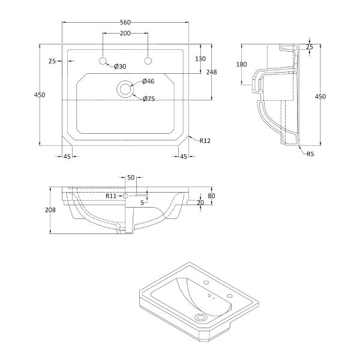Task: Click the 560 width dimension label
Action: [125, 22]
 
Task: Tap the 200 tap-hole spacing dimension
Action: [125, 33]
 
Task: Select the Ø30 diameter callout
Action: [120, 67]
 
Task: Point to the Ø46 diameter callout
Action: [148, 81]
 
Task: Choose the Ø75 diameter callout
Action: [149, 99]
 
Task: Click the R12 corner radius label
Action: [205, 141]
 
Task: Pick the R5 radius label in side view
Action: [310, 154]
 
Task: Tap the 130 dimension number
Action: [200, 59]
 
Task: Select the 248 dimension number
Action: [211, 72]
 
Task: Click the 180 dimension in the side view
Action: [242, 64]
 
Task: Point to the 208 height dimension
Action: [50, 210]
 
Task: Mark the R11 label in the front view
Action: [111, 196]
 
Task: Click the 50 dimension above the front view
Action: [131, 178]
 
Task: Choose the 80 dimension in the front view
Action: [211, 196]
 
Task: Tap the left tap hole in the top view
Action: [103, 61]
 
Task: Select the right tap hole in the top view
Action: [148, 61]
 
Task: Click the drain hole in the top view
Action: [125, 89]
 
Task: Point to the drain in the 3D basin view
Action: [200, 317]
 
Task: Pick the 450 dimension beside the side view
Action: [320, 97]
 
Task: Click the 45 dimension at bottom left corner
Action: [67, 157]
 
